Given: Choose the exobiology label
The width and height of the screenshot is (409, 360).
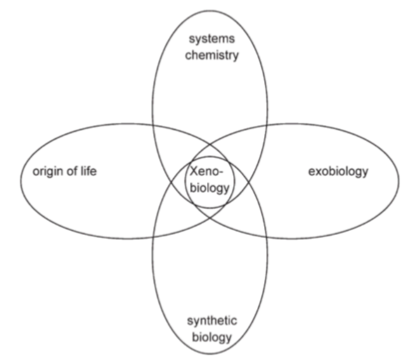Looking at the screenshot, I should (x=337, y=172).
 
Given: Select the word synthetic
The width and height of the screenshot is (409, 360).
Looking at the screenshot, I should (x=212, y=322).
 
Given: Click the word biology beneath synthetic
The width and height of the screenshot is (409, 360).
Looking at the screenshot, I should (x=212, y=337).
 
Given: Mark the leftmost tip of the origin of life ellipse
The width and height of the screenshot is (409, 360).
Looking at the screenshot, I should (x=20, y=180).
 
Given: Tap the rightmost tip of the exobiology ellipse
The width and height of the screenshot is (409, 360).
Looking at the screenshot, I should (x=400, y=180).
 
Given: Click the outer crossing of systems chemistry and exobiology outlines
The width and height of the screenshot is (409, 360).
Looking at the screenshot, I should (x=267, y=124).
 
